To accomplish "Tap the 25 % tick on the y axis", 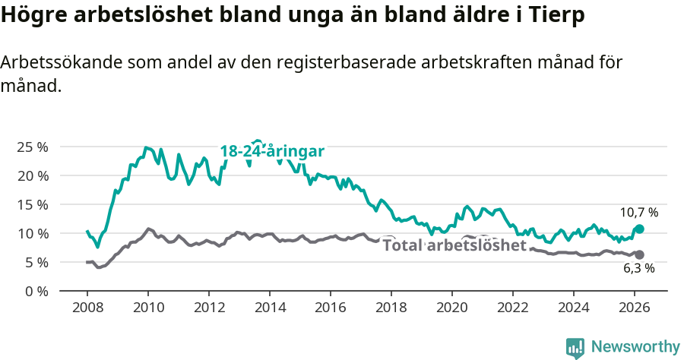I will point(31,147).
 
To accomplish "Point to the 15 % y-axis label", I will point(31,204).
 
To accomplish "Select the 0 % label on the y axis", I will point(36,291).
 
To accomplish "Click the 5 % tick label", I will point(36,262).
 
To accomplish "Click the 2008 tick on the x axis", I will point(87,308).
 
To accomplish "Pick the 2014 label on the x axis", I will point(270,308).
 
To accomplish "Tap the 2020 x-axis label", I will point(452,308).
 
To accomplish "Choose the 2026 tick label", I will point(635,308).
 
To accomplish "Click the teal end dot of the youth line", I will point(640,229).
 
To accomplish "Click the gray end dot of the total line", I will point(640,254).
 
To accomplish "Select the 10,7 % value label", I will point(638,213).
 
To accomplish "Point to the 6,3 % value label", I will point(639,268).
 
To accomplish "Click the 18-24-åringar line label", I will point(272,151).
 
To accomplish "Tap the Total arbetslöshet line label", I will point(454,245).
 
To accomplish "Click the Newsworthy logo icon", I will point(575,347).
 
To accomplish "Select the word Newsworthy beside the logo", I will point(635,347).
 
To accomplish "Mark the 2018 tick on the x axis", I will point(391,308).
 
